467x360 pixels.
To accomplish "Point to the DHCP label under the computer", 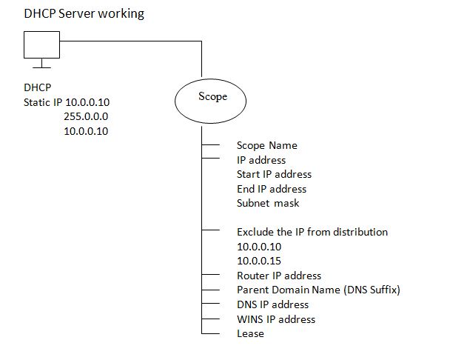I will point(37,87).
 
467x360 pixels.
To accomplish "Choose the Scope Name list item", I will point(266,145).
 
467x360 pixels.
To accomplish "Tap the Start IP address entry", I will point(274,174).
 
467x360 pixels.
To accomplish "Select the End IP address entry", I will point(272,189).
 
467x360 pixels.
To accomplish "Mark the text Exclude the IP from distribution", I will point(312,232).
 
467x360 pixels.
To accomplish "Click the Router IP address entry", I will point(278,276).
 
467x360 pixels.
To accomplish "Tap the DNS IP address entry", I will point(272,304).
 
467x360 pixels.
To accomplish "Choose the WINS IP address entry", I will point(275,319).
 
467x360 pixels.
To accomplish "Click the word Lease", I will point(250,333).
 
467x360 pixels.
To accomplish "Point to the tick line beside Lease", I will point(212,333).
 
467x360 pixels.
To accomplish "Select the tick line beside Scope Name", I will point(212,145).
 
